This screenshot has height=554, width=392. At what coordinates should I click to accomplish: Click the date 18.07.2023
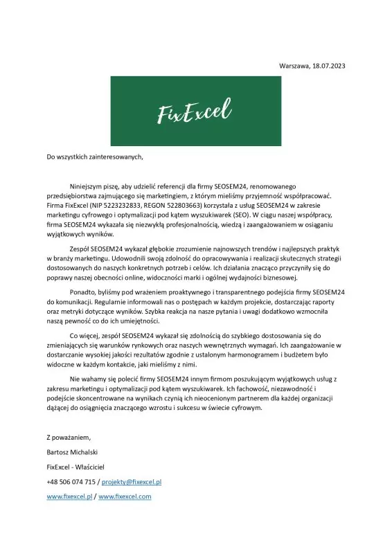point(328,66)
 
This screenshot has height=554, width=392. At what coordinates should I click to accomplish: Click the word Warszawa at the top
point(294,66)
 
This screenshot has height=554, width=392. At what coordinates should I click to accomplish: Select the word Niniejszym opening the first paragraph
point(89,186)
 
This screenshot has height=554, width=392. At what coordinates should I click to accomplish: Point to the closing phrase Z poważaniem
point(69,438)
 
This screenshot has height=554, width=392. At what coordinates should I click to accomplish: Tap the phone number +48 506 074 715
point(71,481)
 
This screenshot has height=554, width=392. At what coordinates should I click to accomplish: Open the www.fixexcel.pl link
point(69,497)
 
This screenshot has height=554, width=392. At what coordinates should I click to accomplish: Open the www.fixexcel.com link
point(125,497)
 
